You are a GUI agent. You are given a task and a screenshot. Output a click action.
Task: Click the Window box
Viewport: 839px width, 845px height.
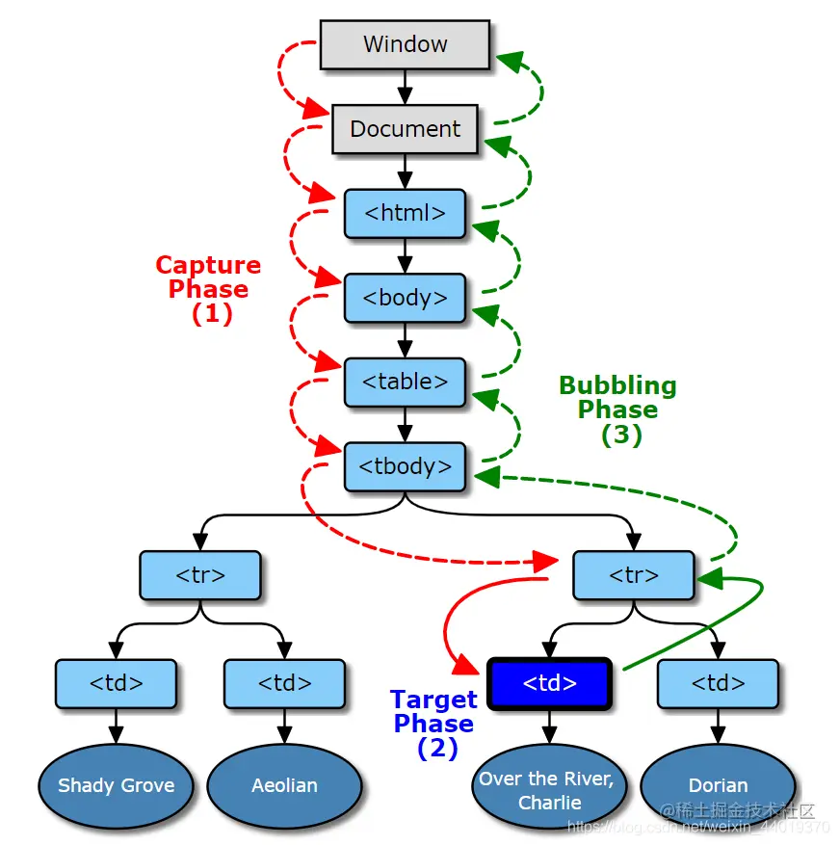tap(405, 44)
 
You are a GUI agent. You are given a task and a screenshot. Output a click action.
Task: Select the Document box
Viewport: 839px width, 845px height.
tap(405, 129)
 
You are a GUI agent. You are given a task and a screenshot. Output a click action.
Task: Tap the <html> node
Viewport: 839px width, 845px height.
tap(405, 213)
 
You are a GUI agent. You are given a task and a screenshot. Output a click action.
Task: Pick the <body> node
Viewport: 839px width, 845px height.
tap(405, 298)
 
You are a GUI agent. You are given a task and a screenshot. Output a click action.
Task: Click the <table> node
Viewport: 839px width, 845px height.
tap(405, 382)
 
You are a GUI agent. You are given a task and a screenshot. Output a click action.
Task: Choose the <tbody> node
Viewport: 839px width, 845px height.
tap(405, 466)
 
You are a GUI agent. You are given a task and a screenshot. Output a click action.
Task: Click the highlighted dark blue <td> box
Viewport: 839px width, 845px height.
tap(549, 684)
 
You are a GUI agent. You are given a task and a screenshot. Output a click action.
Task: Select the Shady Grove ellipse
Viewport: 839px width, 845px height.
tap(116, 785)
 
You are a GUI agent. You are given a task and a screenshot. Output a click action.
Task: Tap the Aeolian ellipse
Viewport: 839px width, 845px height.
tap(284, 785)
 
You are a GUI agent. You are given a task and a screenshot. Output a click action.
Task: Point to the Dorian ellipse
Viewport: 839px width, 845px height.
tap(718, 785)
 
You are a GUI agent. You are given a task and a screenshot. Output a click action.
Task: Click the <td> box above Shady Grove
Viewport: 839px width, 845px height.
tap(116, 684)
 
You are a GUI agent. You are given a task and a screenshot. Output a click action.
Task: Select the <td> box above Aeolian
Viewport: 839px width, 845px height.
tap(284, 684)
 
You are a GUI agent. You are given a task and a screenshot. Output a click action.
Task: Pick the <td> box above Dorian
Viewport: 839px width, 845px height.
tap(718, 684)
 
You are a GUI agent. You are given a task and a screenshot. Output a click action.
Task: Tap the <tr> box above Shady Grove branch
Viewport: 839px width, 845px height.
tap(200, 575)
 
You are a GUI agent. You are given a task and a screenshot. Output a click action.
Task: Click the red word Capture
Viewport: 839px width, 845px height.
tap(208, 265)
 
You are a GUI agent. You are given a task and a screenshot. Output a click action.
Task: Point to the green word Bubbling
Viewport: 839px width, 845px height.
tap(617, 385)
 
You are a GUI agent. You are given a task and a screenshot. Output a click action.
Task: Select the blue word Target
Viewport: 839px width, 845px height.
tap(433, 700)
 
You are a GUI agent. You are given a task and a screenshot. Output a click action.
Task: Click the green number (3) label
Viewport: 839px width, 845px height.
tap(621, 435)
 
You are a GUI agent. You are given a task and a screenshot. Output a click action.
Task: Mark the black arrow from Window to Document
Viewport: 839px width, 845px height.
tap(405, 87)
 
